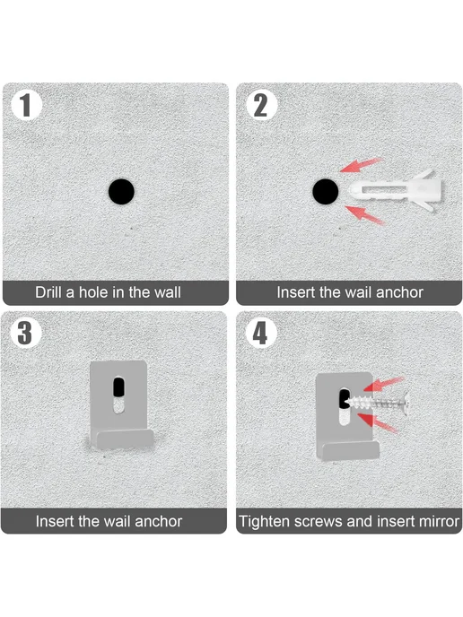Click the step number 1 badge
coord(26,106)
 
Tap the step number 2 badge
coord(261,106)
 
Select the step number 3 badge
coord(24,333)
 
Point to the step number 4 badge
coord(260,333)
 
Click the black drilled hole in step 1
coord(121,191)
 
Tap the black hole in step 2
coord(325,191)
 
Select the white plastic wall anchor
coord(396,189)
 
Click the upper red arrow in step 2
coord(361,165)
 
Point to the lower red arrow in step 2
coord(364,215)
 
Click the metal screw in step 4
coord(376,403)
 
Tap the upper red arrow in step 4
coord(383,384)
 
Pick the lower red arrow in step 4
coord(378,422)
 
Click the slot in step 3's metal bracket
coord(118,395)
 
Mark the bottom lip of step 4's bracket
coord(350,450)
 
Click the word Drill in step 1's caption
coord(49,292)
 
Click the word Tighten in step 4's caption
coord(265,522)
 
